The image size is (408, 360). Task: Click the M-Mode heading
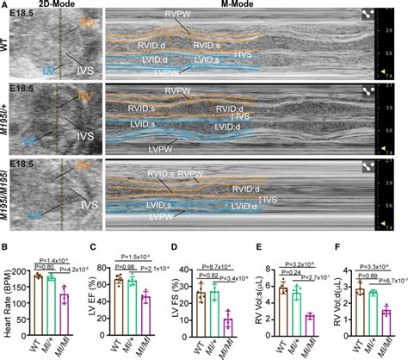coord(243,4)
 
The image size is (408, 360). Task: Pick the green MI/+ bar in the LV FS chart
coord(213,313)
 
